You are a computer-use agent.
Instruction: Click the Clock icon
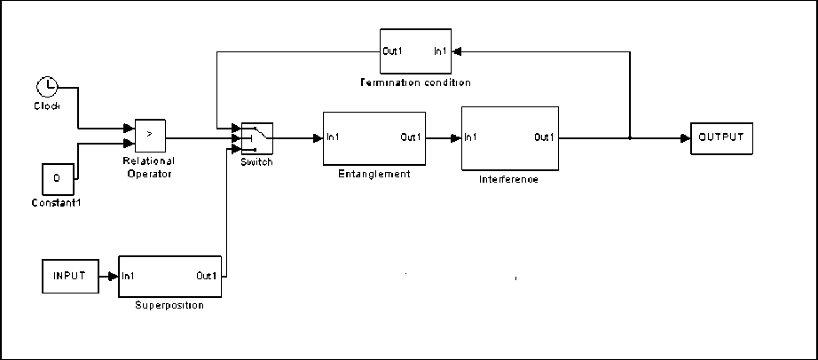pos(47,87)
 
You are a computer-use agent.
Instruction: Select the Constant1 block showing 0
pos(57,179)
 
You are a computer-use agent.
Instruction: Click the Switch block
pos(256,138)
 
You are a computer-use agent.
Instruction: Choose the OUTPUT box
pos(722,137)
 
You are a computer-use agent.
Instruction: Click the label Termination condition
pos(414,82)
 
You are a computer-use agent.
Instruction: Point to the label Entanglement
pos(374,174)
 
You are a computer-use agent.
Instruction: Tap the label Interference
pos(508,179)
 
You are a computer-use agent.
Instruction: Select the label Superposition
pos(169,305)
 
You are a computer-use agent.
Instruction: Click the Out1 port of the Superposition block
pos(207,276)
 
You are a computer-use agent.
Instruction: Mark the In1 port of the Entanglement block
pos(331,137)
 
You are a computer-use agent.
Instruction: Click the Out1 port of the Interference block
pos(544,137)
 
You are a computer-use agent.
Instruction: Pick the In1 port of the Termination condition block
pos(441,51)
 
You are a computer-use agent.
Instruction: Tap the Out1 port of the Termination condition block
pos(392,51)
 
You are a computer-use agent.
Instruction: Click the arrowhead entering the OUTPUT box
pos(686,138)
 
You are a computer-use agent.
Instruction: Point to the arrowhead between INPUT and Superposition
pos(114,277)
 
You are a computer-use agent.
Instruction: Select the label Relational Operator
pos(149,168)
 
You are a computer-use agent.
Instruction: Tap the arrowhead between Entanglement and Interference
pos(456,138)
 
